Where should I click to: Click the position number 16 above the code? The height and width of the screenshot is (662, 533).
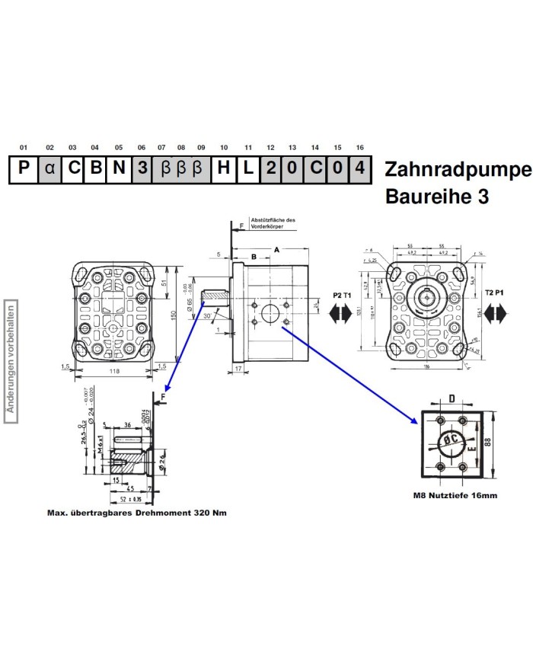[360, 147]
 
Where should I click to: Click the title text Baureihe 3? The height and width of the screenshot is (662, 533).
[437, 197]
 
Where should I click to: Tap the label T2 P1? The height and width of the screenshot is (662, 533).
[495, 293]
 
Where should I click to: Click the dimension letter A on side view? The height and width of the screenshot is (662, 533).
[276, 249]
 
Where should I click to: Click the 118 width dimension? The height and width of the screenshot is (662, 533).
[115, 372]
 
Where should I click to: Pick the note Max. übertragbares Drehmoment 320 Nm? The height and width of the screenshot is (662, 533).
[136, 513]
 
